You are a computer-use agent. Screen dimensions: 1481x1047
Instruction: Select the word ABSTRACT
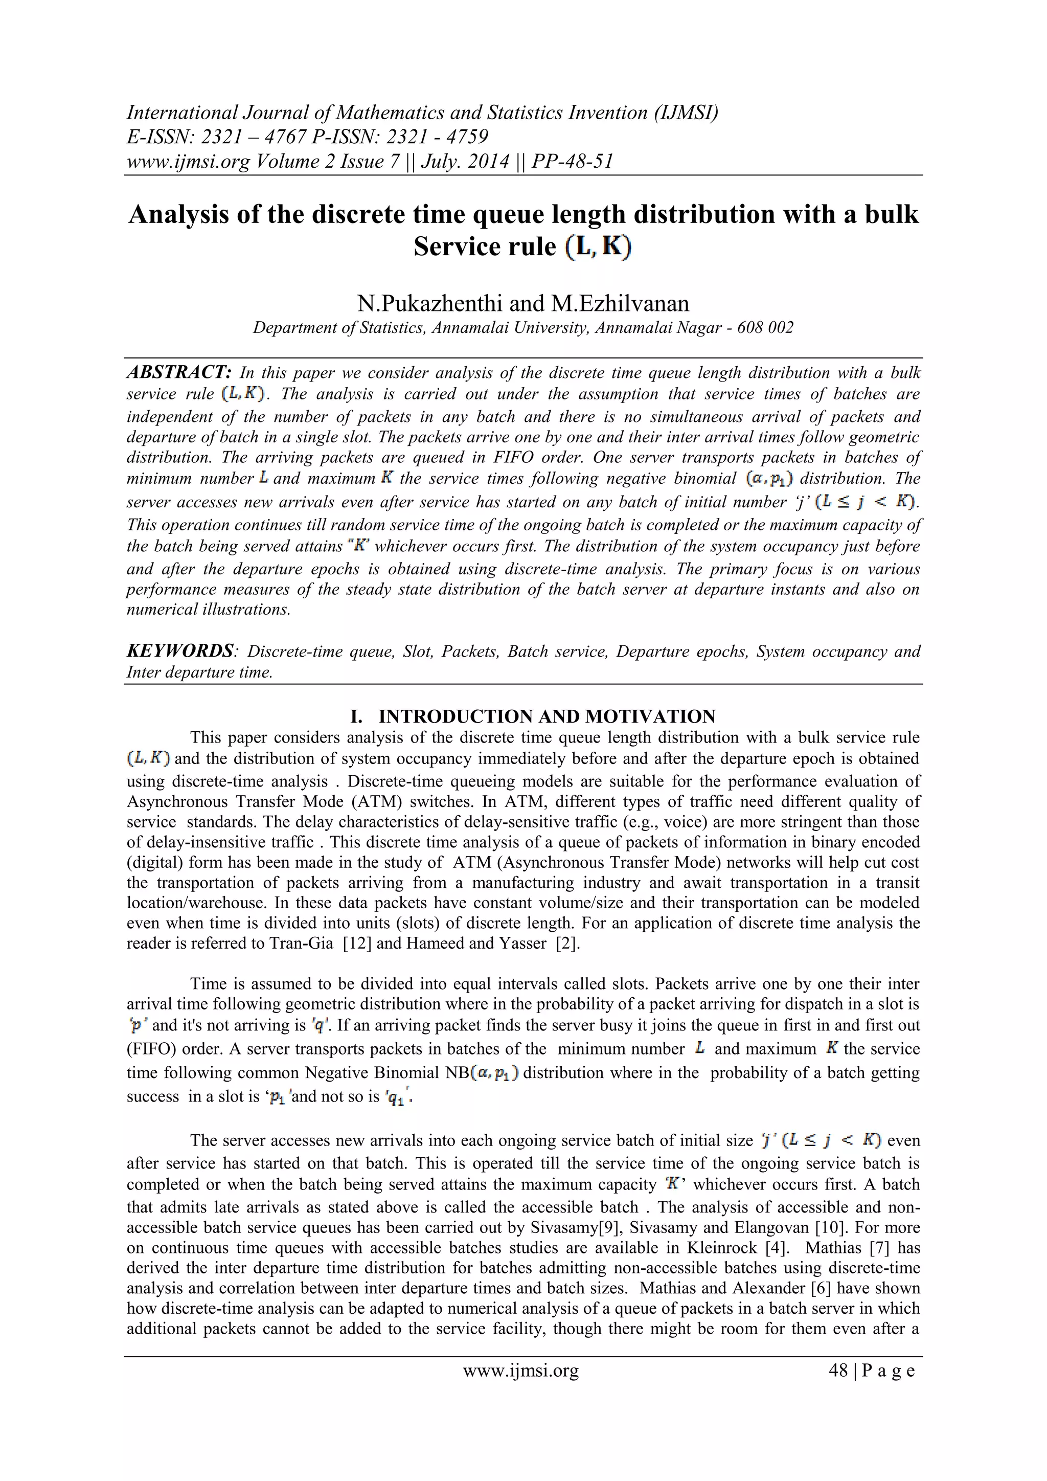(x=178, y=372)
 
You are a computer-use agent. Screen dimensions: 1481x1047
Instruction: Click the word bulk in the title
(x=891, y=214)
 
